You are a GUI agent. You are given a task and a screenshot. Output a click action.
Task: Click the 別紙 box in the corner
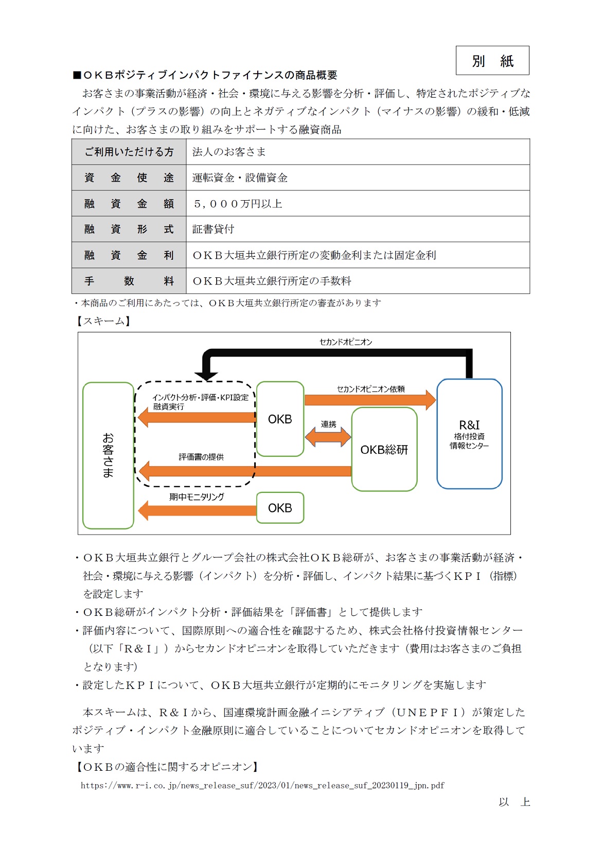coord(492,61)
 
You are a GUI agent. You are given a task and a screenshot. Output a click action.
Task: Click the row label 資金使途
coord(129,178)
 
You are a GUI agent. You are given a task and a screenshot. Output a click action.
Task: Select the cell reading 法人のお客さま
coord(229,152)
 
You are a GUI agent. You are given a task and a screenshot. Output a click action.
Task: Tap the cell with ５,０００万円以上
coord(237,204)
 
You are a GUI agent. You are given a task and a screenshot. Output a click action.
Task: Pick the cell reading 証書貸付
coord(213,229)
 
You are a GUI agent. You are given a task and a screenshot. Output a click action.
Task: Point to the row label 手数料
coord(129,281)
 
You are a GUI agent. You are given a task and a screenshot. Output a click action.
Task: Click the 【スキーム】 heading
coord(102,321)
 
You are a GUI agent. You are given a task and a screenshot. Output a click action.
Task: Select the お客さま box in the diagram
coord(108,455)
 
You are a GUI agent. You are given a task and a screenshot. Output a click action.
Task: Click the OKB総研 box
coord(384,449)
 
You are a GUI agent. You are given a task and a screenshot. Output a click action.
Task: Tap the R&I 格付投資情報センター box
coord(469,434)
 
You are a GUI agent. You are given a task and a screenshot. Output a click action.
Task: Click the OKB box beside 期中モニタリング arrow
coord(280,508)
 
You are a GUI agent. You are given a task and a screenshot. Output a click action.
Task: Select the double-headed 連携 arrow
coord(328,437)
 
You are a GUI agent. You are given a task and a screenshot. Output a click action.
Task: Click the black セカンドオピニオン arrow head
coord(206,375)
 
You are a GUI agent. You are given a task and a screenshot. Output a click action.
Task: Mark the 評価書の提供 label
coord(201,457)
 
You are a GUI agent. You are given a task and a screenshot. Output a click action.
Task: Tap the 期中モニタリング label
coord(197,497)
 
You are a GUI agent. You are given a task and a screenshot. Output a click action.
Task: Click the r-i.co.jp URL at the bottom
coord(262,786)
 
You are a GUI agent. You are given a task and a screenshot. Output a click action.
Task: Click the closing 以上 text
coord(514,802)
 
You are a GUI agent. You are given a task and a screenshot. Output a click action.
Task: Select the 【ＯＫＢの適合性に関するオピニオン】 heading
coord(167,767)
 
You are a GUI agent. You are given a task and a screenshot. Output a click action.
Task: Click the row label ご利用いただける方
coord(129,152)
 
